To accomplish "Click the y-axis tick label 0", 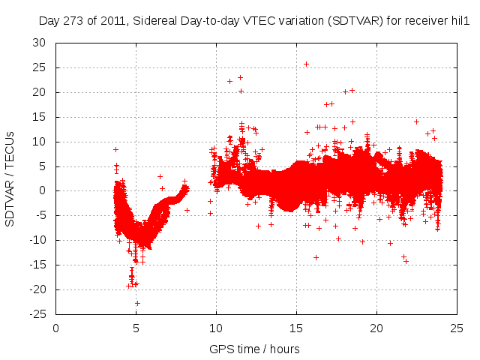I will (42, 190).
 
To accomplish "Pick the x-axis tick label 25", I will (457, 327).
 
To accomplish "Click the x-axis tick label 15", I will (296, 327).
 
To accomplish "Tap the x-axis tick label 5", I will (136, 327).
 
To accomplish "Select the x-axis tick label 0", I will (56, 327).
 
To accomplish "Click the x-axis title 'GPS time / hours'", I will (256, 349).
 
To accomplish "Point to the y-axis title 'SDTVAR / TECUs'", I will (10, 178).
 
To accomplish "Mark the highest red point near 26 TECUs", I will (306, 64).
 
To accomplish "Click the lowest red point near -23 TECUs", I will (137, 303).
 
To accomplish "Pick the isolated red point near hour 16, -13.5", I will (316, 257).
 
